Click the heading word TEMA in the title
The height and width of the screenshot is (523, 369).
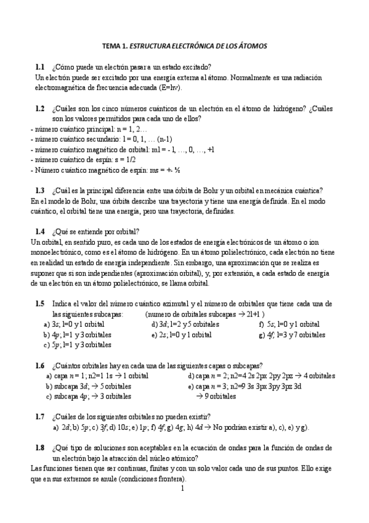click(x=112, y=46)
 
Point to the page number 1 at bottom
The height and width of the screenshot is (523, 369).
click(x=183, y=489)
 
